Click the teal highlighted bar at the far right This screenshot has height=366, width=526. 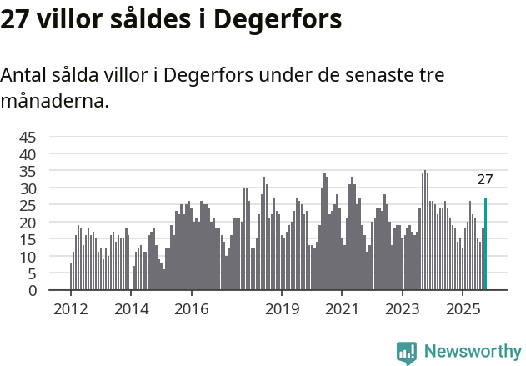pyautogui.click(x=485, y=244)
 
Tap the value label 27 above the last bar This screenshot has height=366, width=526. pyautogui.click(x=485, y=179)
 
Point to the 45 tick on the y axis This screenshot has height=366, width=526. pyautogui.click(x=28, y=138)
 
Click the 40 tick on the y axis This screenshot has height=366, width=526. pyautogui.click(x=28, y=154)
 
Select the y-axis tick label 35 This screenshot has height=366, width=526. pyautogui.click(x=28, y=172)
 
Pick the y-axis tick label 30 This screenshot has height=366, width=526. pyautogui.click(x=28, y=188)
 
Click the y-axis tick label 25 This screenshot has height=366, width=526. pyautogui.click(x=28, y=206)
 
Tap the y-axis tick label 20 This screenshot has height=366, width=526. pyautogui.click(x=28, y=223)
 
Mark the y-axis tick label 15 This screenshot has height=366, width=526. pyautogui.click(x=28, y=240)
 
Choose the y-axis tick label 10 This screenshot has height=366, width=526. pyautogui.click(x=28, y=257)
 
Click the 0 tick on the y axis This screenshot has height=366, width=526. pyautogui.click(x=33, y=291)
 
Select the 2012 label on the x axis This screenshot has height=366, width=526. pyautogui.click(x=70, y=308)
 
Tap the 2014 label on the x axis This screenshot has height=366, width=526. pyautogui.click(x=131, y=308)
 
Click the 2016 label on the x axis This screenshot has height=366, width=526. pyautogui.click(x=192, y=308)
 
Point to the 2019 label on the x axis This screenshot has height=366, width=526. pyautogui.click(x=282, y=308)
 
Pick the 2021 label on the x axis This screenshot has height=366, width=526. pyautogui.click(x=342, y=308)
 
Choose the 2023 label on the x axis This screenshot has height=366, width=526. pyautogui.click(x=403, y=308)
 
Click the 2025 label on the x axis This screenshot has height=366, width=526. pyautogui.click(x=463, y=308)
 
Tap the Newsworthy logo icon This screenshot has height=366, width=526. pyautogui.click(x=407, y=353)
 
